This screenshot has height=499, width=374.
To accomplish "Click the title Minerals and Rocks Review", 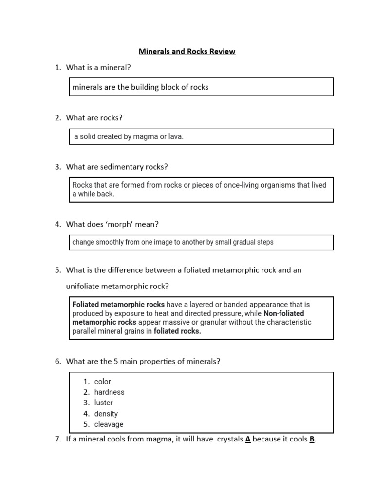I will click(187, 51).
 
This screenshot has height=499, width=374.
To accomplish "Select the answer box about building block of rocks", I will click(201, 87).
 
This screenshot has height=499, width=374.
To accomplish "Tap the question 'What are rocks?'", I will click(94, 117).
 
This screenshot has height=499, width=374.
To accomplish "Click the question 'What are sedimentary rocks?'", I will click(117, 167).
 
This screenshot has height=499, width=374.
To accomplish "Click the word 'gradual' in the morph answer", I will click(233, 242).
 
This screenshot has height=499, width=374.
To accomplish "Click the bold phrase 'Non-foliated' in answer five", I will click(283, 313).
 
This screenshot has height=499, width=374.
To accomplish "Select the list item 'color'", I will click(103, 382).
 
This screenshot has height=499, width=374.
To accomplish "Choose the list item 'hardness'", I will click(109, 392).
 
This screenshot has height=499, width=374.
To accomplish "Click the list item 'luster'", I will click(103, 403).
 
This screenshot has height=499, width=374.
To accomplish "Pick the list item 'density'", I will click(106, 414).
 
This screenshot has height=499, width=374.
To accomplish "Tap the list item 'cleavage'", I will click(109, 424).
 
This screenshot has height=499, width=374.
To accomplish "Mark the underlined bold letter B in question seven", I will click(312, 439).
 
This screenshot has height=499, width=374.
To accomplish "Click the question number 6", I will click(57, 361).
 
